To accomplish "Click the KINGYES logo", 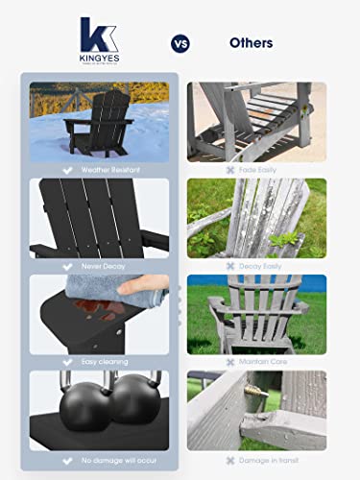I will coord(99,41).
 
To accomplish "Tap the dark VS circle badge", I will coord(180,43).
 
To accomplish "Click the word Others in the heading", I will coord(251,43).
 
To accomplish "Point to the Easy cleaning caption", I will coord(104,362).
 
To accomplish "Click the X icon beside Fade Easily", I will coord(230,169).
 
